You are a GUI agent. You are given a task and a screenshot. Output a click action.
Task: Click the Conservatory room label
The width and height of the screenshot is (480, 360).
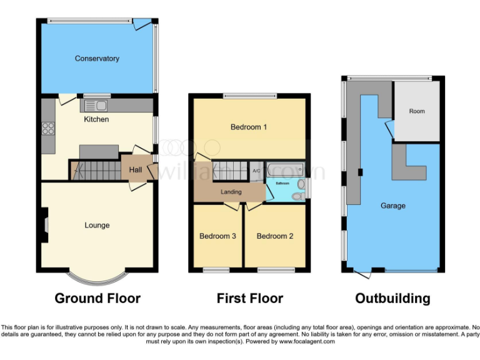97,59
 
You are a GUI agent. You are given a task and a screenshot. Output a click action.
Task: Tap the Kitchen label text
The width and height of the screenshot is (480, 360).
96,119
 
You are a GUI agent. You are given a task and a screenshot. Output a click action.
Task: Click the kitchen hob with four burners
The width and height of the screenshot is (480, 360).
48,129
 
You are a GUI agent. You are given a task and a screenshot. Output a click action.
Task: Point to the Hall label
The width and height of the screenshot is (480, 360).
135,170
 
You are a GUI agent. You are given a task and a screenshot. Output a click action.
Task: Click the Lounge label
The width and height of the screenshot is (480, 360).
97,225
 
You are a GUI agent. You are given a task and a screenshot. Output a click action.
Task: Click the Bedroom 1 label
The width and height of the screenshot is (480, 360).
249,127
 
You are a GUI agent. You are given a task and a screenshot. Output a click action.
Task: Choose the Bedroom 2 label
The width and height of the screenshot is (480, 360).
275,236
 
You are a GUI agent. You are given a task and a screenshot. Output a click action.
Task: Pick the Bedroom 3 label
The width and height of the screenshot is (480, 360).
217,236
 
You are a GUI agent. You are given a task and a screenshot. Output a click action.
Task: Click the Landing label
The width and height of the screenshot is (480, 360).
231,192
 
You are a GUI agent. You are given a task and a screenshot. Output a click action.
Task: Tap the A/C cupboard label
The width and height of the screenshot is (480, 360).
256,171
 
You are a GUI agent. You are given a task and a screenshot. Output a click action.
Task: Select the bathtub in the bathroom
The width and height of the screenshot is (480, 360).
284,169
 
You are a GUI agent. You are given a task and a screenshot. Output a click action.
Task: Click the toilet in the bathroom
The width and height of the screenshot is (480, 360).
299,196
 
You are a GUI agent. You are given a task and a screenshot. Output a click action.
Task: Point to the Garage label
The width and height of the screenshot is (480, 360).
393,206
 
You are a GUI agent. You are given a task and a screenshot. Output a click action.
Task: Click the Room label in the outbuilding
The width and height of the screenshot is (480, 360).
417,111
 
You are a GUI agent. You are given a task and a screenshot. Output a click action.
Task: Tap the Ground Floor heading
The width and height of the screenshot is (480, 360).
97,298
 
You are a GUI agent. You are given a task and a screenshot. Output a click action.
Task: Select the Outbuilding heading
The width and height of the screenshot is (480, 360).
392,298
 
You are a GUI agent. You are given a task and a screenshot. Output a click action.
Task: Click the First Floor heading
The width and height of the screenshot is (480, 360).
249,298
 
